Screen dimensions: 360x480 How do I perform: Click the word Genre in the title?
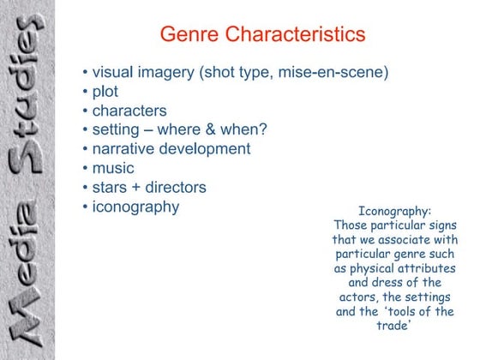pos(188,35)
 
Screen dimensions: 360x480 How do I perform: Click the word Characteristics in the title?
pos(291,35)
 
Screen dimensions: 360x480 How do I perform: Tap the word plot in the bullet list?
pos(105,92)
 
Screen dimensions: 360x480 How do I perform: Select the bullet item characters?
pos(129,111)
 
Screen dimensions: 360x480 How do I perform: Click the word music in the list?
pos(113,167)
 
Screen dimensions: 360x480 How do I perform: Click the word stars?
pos(111,186)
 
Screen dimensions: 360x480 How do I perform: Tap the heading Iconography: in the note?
pos(394,211)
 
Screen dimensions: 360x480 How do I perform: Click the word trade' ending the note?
pos(394,327)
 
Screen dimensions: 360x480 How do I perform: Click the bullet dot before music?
pos(86,168)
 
